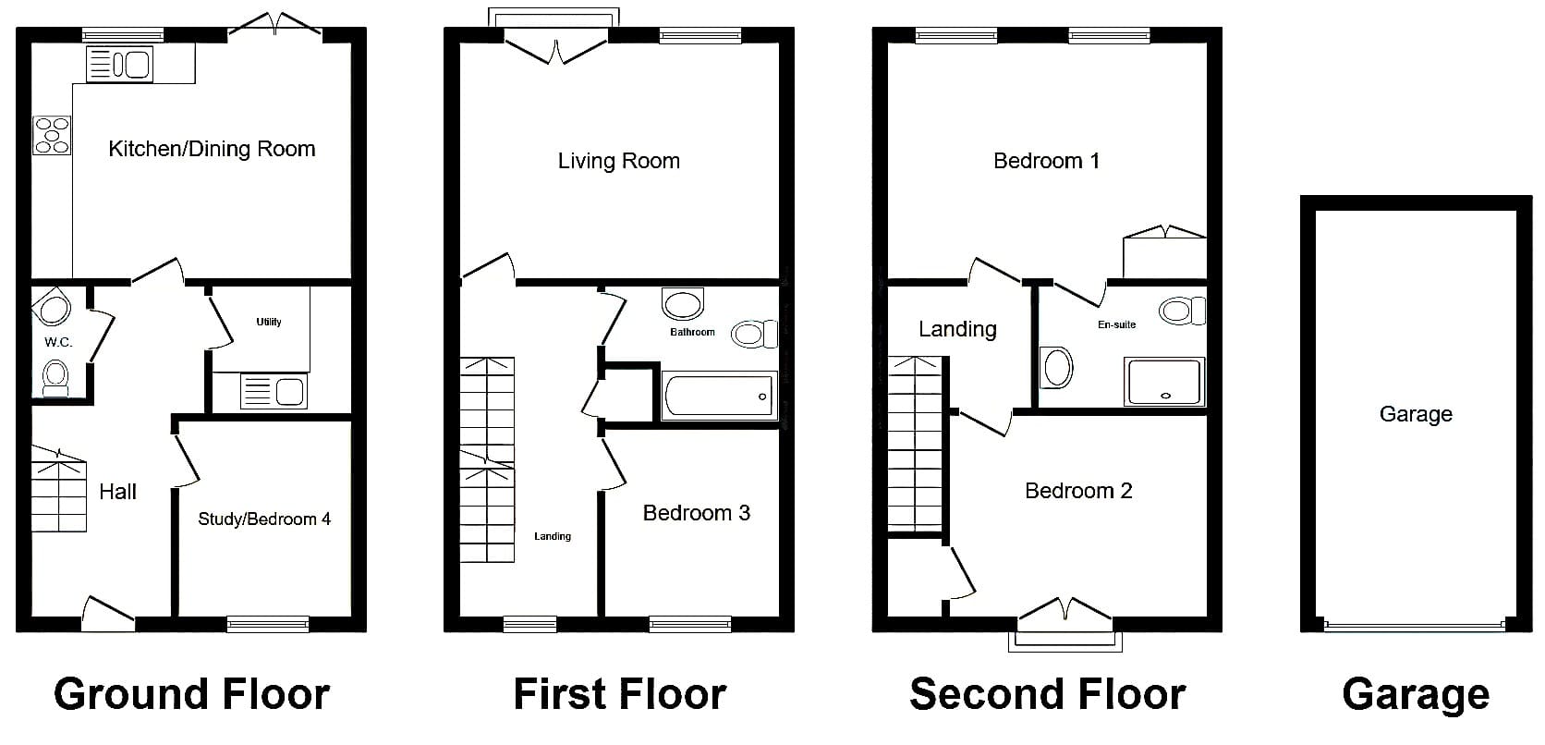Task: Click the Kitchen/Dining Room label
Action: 212,149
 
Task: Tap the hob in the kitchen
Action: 53,135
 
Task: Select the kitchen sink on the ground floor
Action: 119,64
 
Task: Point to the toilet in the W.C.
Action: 55,379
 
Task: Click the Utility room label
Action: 269,323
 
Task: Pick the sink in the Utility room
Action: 274,391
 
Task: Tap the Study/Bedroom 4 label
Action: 264,519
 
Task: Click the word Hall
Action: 118,492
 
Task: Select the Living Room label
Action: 619,162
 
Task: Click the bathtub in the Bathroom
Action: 720,396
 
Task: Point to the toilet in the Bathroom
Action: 754,335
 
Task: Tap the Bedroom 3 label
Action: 696,513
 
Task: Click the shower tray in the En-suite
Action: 1164,381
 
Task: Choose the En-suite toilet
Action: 1182,311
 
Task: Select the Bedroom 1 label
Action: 1046,161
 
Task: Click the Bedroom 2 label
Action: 1078,491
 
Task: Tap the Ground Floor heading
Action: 192,694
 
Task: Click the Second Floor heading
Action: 1048,694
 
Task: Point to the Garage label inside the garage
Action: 1416,414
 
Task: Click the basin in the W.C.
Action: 53,308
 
